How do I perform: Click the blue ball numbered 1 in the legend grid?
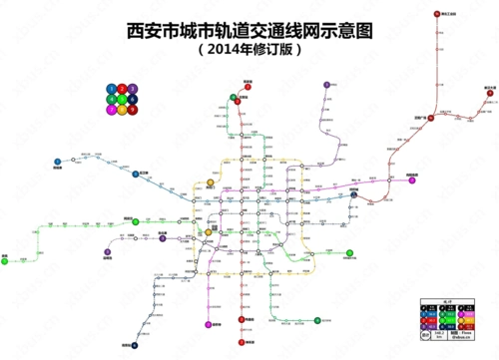click(112, 90)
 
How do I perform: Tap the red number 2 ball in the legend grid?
click(122, 90)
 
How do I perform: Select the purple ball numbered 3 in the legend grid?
click(132, 90)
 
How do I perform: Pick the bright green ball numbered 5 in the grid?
click(122, 100)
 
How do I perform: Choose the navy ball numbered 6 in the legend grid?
click(132, 100)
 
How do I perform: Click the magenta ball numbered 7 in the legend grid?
click(112, 110)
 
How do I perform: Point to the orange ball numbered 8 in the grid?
click(122, 110)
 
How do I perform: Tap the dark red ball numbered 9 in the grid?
click(132, 110)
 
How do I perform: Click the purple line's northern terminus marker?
click(327, 85)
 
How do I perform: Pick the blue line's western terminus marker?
click(58, 161)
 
